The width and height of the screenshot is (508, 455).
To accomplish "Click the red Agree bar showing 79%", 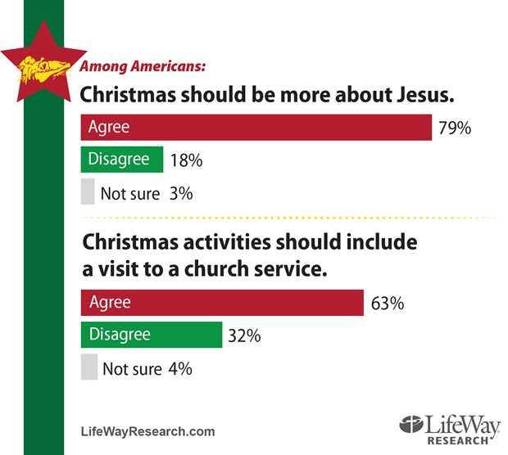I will (256, 128).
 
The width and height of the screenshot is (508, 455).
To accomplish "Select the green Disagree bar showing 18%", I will (121, 160).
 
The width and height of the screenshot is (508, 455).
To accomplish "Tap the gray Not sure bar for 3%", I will (88, 192).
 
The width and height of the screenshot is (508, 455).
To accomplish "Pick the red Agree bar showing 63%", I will (221, 303).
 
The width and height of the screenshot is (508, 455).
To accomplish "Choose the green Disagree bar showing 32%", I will (151, 335).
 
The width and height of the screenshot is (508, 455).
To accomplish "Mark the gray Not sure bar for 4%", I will (88, 367).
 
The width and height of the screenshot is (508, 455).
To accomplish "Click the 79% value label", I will (455, 129).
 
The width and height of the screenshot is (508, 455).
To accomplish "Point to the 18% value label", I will (186, 161).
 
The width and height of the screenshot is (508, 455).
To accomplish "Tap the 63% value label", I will (388, 304).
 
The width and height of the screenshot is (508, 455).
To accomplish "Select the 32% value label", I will (244, 336).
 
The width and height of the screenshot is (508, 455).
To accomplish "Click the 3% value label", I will (181, 194).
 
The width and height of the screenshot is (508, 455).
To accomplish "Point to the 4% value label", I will (181, 369).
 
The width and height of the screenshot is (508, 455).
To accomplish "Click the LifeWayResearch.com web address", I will (147, 431).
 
